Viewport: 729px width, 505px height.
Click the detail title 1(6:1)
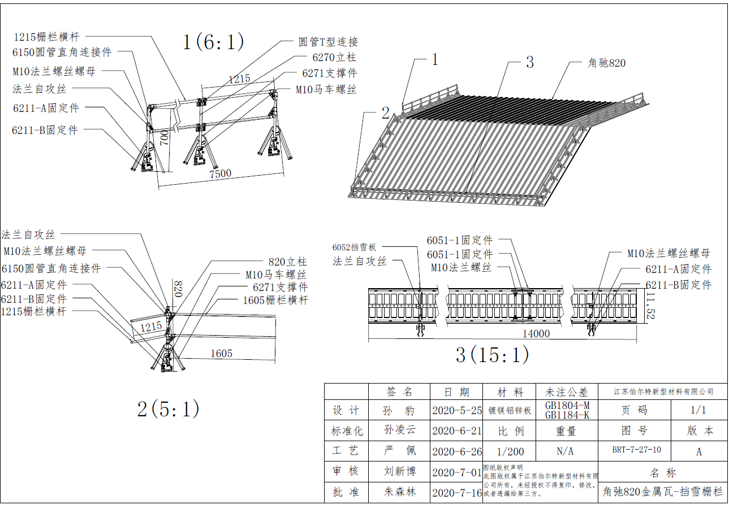[x=213, y=42]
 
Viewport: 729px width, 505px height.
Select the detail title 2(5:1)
[x=168, y=409]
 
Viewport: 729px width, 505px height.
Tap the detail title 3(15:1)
[x=492, y=355]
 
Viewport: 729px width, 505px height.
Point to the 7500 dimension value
[x=220, y=173]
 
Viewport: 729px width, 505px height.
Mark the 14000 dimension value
[x=536, y=333]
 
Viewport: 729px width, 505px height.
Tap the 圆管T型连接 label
[x=328, y=42]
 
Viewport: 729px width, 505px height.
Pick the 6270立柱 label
[x=334, y=57]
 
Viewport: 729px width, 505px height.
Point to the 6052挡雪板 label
[x=354, y=247]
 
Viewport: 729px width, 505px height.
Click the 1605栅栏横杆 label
[x=275, y=301]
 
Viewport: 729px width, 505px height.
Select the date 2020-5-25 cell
[x=456, y=410]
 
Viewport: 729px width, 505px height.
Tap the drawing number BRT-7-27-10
[x=636, y=451]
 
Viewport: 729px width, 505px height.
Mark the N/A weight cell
[x=566, y=451]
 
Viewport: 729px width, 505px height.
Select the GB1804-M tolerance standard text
[x=567, y=406]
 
